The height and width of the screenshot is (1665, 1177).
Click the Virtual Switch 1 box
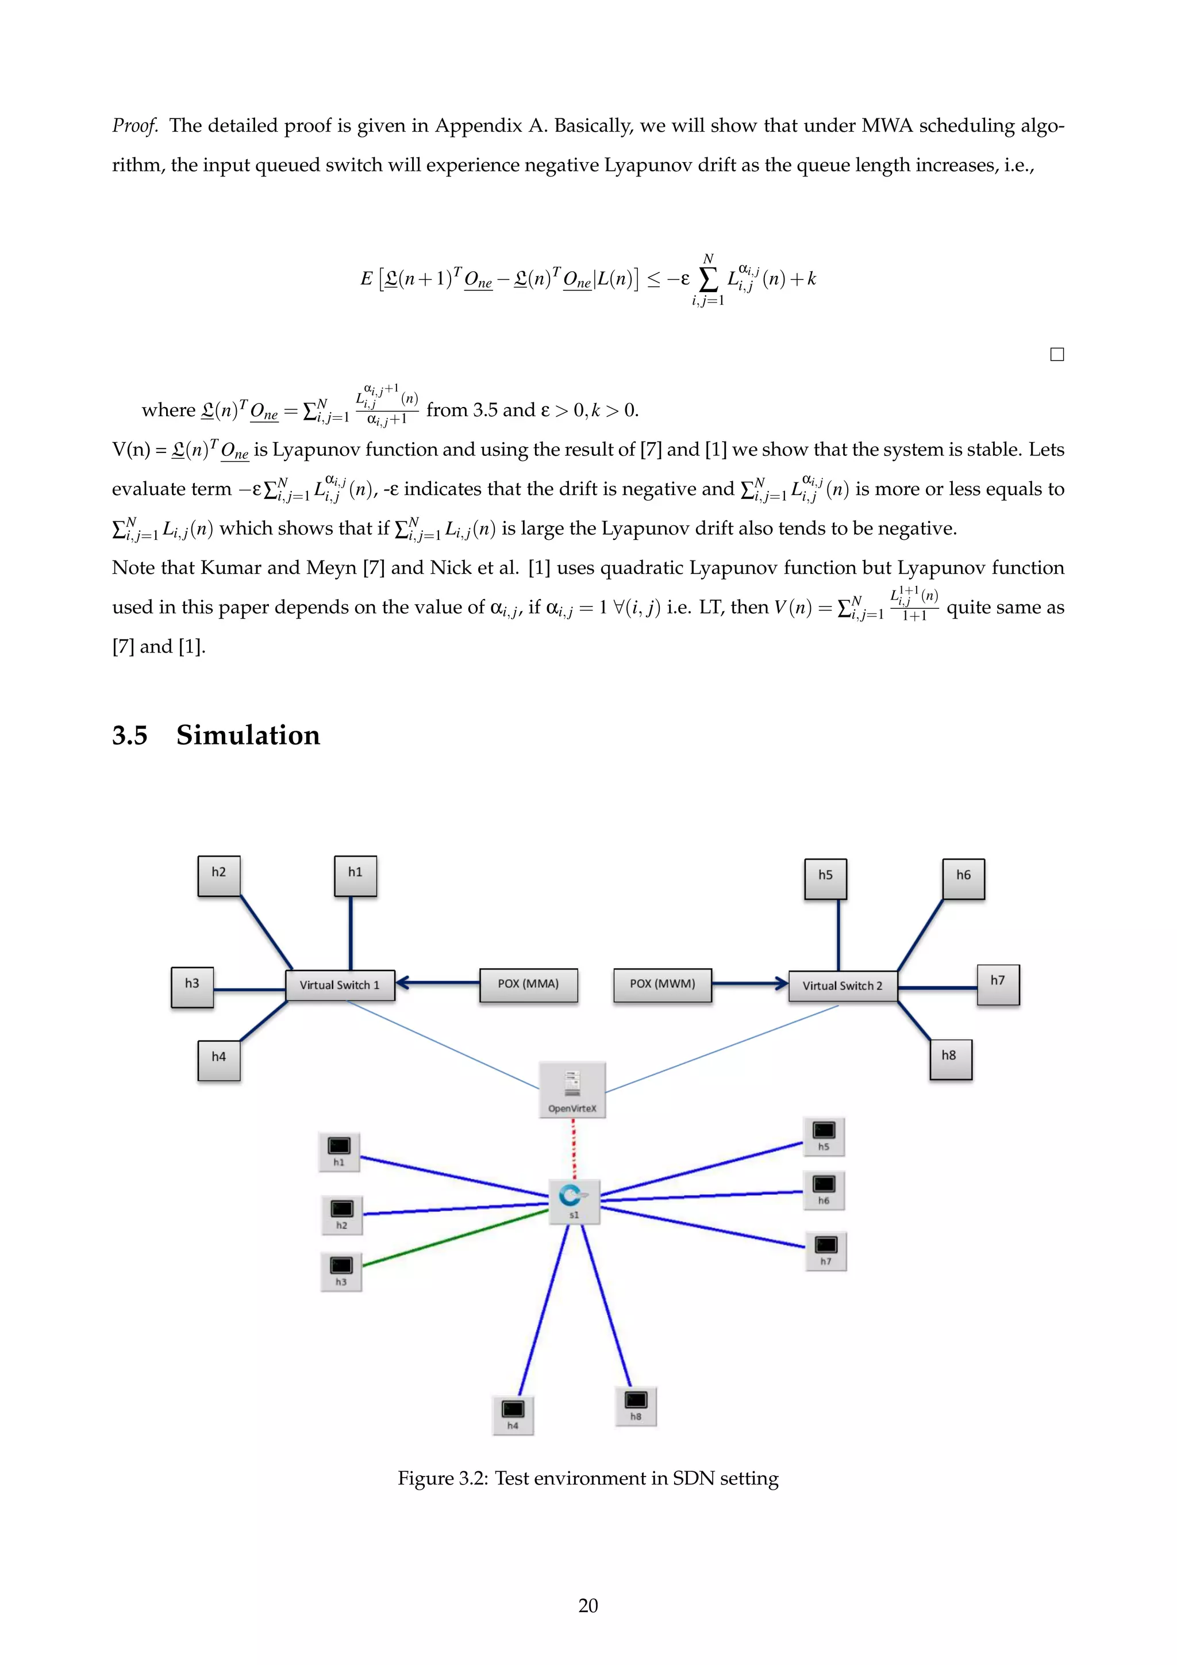(340, 985)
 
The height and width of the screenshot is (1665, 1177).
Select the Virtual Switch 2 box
(842, 985)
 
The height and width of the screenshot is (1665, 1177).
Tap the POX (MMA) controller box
(528, 984)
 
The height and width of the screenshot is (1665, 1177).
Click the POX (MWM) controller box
(663, 984)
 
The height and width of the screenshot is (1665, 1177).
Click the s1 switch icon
(574, 1200)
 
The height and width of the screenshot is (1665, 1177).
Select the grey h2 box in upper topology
(219, 874)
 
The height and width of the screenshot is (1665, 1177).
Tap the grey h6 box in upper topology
(963, 877)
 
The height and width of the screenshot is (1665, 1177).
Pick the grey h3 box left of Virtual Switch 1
(192, 986)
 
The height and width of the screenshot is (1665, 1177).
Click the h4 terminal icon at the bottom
(513, 1412)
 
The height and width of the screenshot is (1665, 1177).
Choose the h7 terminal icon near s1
(825, 1248)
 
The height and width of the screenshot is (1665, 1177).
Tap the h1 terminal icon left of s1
(339, 1149)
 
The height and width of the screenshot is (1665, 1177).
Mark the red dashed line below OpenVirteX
(574, 1149)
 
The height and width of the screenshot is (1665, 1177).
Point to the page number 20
(588, 1606)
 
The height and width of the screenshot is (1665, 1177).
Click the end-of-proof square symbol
(1057, 355)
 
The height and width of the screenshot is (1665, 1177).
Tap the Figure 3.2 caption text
(588, 1478)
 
